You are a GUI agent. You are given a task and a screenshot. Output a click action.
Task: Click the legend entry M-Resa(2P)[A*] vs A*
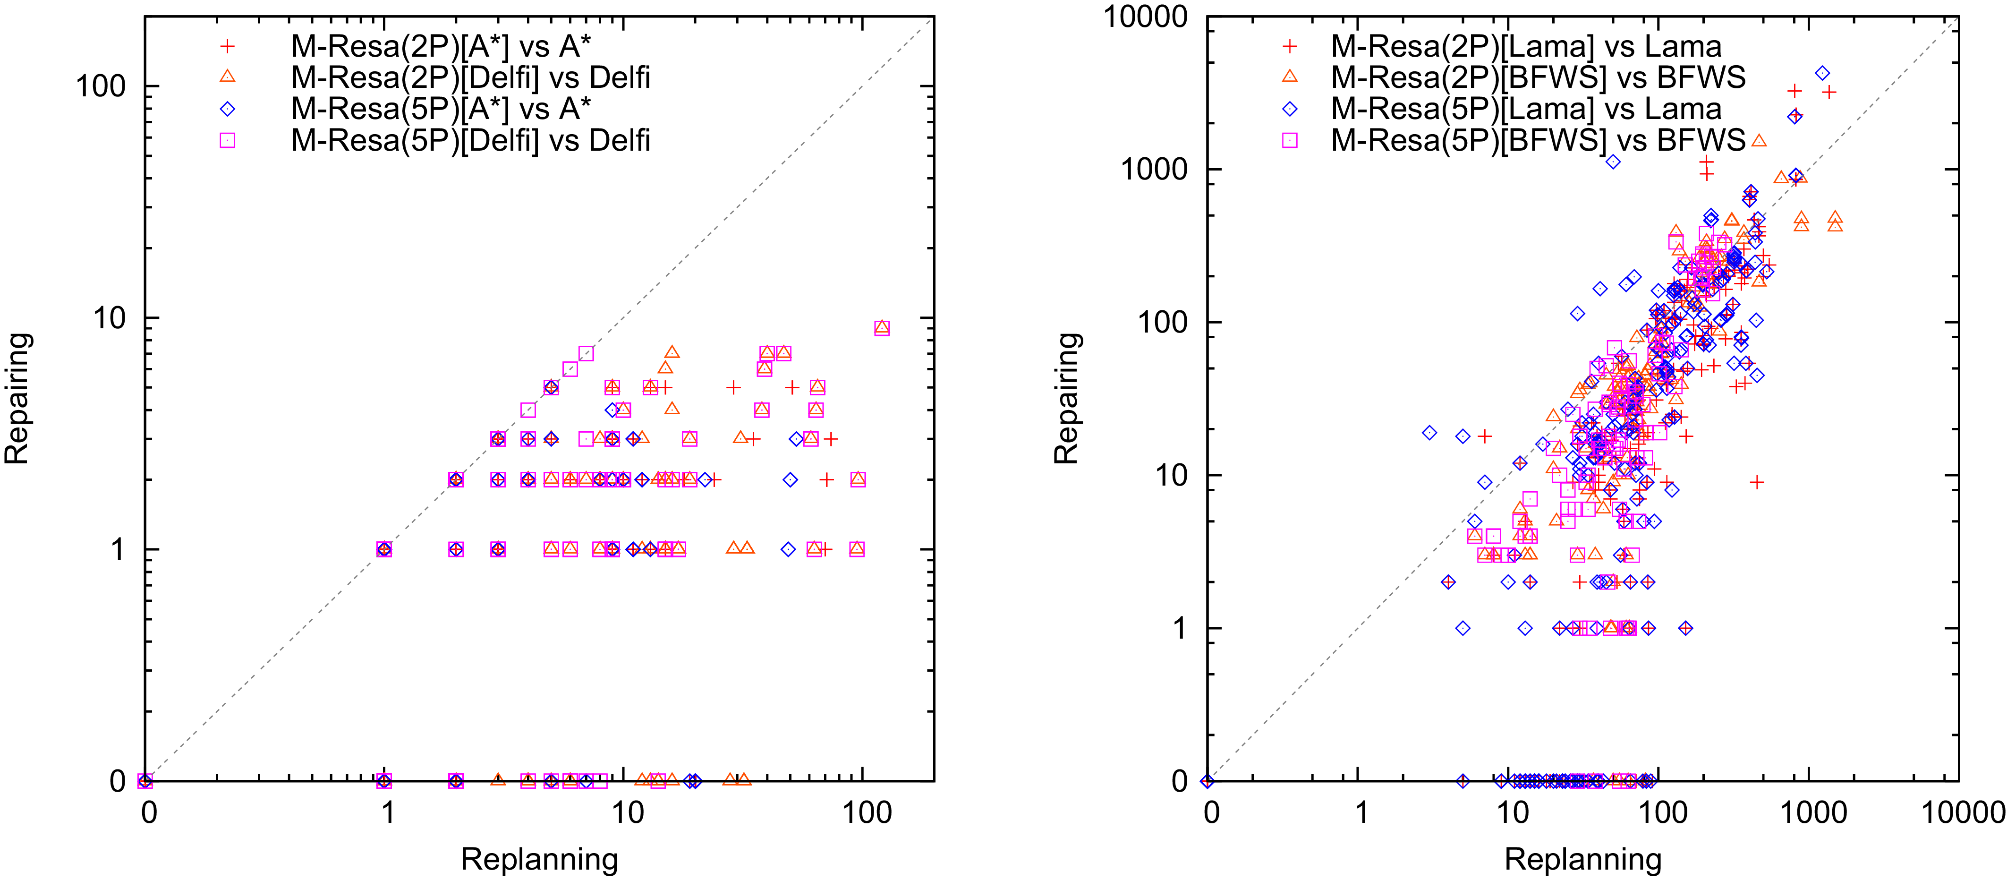click(x=441, y=47)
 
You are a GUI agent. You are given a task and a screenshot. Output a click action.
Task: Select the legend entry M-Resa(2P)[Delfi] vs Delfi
click(x=471, y=78)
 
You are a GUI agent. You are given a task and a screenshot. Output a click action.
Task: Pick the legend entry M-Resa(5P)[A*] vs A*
click(x=441, y=109)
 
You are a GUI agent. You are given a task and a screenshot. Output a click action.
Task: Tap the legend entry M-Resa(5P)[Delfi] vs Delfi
click(x=471, y=140)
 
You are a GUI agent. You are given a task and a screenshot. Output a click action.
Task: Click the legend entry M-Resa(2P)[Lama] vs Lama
click(x=1525, y=47)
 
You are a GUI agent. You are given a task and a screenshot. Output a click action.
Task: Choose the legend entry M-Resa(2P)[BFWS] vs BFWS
click(x=1538, y=78)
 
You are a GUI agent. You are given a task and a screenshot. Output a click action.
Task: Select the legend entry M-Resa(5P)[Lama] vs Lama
click(x=1525, y=109)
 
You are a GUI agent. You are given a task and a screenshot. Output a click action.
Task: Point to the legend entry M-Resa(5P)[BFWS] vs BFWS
click(x=1538, y=140)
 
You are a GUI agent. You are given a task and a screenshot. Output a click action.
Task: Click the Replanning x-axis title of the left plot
click(x=539, y=859)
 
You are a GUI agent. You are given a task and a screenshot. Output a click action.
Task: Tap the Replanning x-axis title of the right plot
click(x=1582, y=859)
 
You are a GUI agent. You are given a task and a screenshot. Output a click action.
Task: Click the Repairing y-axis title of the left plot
click(x=17, y=398)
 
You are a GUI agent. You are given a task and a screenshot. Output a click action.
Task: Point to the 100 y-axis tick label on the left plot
click(x=101, y=86)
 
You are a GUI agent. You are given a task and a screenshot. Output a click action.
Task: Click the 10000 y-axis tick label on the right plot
click(x=1145, y=17)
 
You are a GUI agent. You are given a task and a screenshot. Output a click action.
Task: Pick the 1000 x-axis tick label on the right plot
click(x=1813, y=813)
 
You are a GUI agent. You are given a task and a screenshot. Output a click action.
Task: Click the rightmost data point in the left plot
click(x=881, y=328)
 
